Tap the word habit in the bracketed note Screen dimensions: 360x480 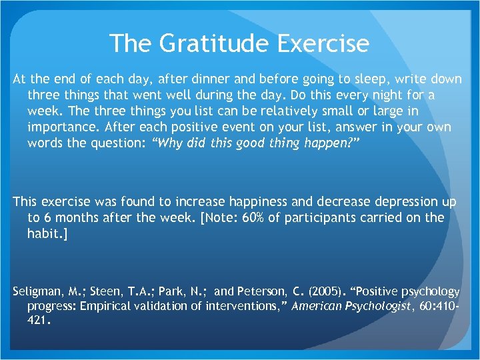[44, 234]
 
